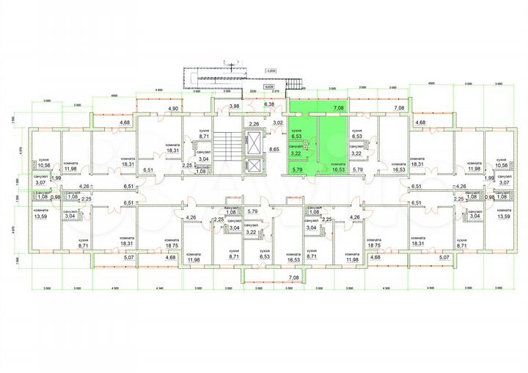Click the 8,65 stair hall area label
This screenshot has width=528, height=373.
pos(274,150)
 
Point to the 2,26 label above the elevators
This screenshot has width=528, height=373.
pos(254,123)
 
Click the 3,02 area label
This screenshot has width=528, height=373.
pos(279,123)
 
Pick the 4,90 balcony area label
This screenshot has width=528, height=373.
pos(174,109)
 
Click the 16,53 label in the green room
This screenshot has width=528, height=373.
pos(338,169)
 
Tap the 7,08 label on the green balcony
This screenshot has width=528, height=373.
pos(338,108)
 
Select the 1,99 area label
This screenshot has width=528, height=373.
pos(55,178)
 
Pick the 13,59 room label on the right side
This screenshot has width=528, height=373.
pos(502,216)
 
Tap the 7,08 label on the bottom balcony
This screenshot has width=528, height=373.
pos(293,278)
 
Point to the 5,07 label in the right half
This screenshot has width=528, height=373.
pos(443,258)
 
